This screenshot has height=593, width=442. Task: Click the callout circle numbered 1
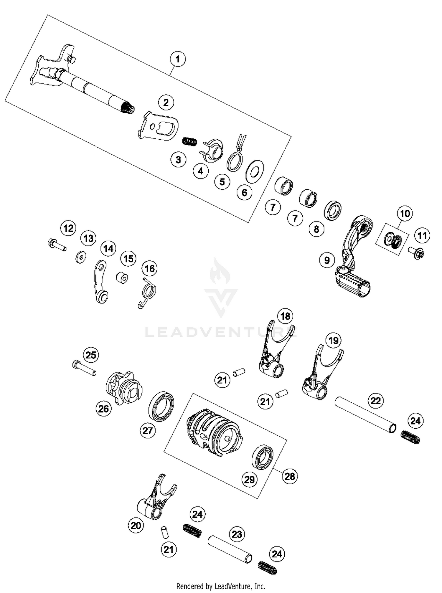coord(177,59)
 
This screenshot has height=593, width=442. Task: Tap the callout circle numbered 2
coord(166,103)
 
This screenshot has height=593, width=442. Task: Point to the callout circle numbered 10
coord(405,213)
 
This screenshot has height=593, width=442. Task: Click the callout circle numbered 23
coord(237,534)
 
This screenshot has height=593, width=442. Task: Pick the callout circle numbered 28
coord(290,476)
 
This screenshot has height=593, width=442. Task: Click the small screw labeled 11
coord(416,253)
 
